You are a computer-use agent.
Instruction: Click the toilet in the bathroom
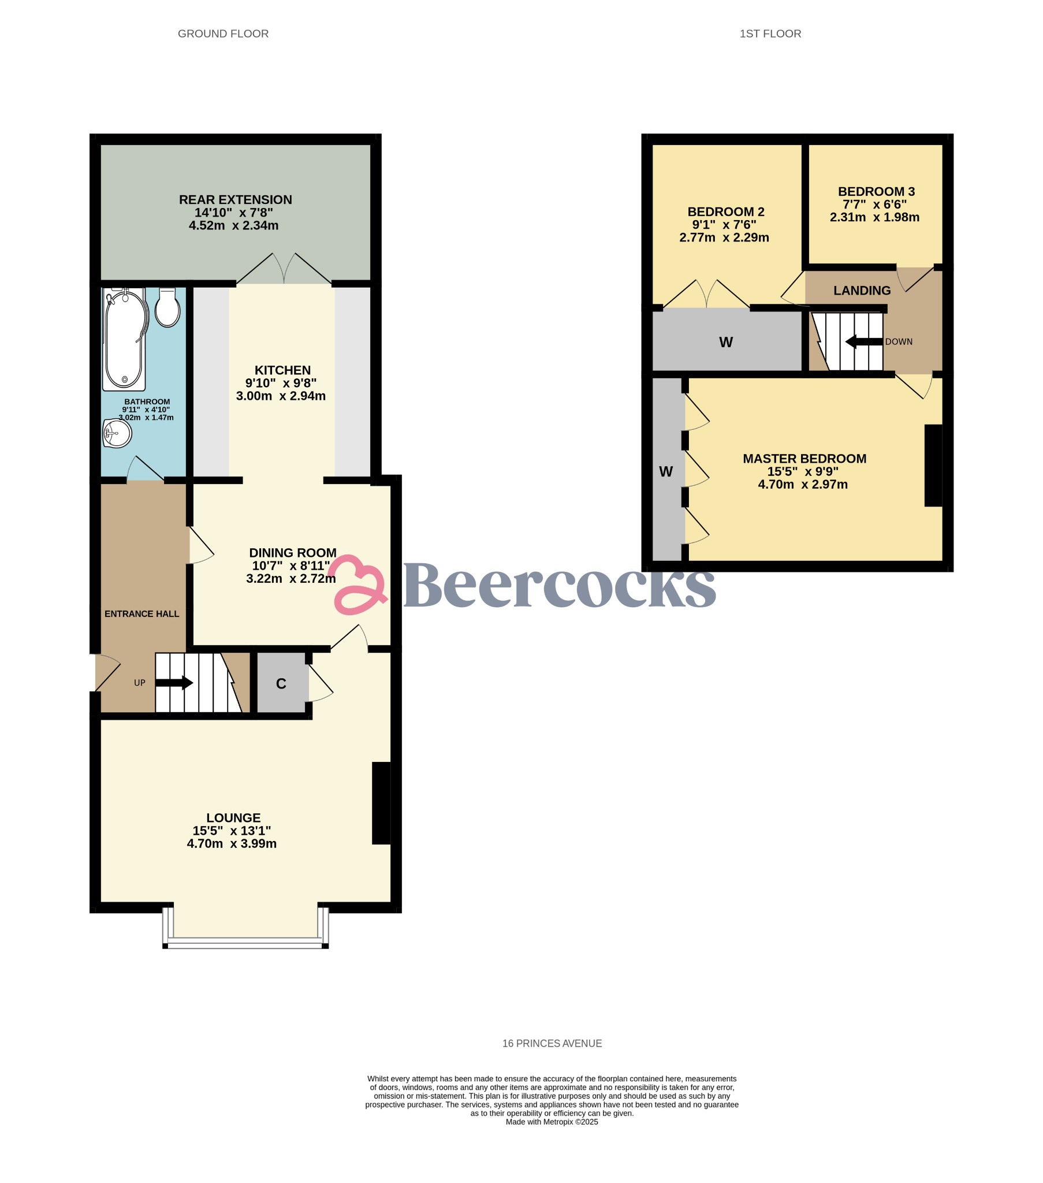[x=168, y=308]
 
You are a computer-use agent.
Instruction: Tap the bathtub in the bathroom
[x=124, y=340]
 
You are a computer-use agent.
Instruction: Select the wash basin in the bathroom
[x=117, y=433]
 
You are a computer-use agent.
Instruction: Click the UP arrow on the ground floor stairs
[x=174, y=683]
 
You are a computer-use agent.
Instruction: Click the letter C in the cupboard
[x=281, y=684]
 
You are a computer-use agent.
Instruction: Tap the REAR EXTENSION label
[x=235, y=200]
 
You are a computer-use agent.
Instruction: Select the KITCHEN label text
[x=282, y=370]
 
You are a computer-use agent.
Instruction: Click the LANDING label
[x=862, y=291]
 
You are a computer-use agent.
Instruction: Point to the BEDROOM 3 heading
[x=876, y=192]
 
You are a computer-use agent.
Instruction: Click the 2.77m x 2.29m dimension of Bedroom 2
[x=724, y=237]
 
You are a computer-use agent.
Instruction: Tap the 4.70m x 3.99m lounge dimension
[x=232, y=844]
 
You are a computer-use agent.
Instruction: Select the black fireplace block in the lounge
[x=381, y=803]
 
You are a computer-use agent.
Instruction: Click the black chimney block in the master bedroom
[x=933, y=466]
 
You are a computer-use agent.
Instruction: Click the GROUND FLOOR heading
[x=223, y=34]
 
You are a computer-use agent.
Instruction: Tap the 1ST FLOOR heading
[x=770, y=34]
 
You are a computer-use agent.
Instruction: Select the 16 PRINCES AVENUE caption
[x=552, y=1044]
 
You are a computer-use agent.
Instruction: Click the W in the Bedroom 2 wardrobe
[x=726, y=343]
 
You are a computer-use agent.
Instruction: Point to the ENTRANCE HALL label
[x=142, y=614]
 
